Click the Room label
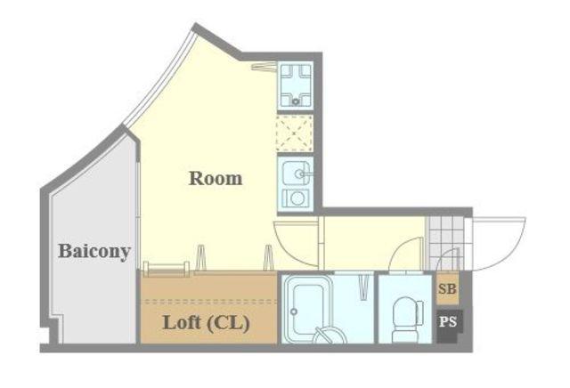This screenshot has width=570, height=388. (x=216, y=178)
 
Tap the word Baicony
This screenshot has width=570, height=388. (x=94, y=251)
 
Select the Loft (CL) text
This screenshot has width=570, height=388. (x=206, y=323)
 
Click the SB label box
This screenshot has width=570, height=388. (x=447, y=289)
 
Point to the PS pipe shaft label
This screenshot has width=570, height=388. (x=448, y=322)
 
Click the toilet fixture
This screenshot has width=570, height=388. (x=407, y=319)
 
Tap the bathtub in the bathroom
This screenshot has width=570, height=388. (x=307, y=309)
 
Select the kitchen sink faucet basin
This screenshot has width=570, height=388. (x=297, y=174)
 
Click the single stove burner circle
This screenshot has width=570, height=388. (x=297, y=198)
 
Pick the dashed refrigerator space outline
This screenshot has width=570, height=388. (x=295, y=133)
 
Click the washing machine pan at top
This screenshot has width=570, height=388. (x=295, y=85)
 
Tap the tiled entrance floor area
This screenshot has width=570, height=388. (x=445, y=244)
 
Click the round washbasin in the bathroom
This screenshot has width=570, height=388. (x=330, y=335)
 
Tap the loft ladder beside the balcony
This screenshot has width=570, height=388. (x=167, y=268)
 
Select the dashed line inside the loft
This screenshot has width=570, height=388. (x=208, y=301)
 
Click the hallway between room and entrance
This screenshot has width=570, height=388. (x=374, y=244)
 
